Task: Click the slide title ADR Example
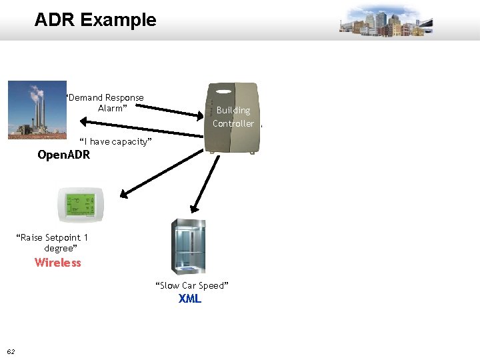pos(95,20)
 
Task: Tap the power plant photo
pos(37,110)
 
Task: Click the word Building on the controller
pos(233,110)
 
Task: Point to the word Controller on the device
pos(233,123)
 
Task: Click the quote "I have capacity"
pos(116,141)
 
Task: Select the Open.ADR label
pos(63,155)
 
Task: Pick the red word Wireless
pos(58,263)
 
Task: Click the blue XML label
pos(189,299)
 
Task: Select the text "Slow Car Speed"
pos(192,285)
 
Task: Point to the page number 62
pos(11,351)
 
